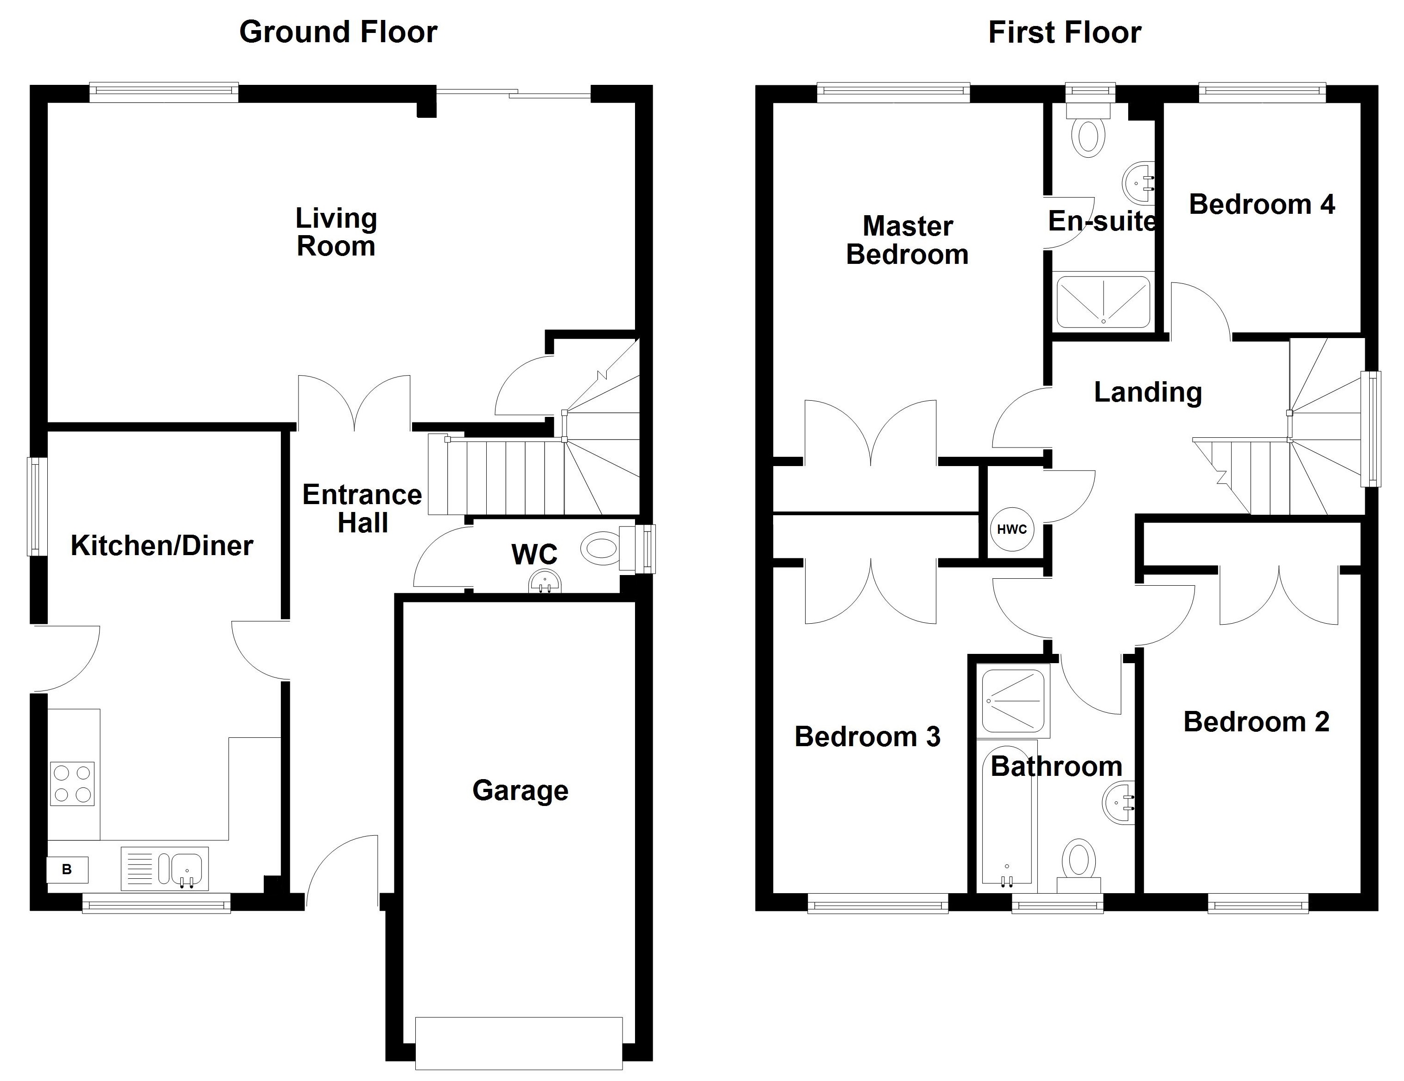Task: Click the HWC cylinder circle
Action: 1012,529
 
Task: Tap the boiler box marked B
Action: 67,870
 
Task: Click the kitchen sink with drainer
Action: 165,868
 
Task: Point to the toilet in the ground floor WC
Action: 600,549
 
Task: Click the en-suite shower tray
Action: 1103,301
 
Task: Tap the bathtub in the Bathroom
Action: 1007,817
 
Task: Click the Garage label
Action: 520,790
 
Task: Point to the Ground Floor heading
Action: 338,32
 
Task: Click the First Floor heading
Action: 1065,32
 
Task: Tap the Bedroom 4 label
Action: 1261,205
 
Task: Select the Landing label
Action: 1148,392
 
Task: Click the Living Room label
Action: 336,232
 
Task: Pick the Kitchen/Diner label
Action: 162,545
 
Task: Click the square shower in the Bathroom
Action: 1013,701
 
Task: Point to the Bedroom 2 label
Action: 1256,722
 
